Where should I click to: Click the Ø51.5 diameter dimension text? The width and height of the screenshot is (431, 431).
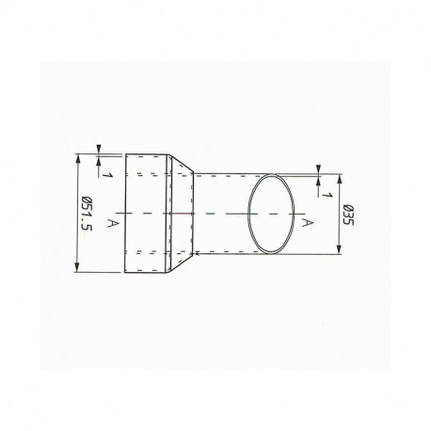point(88,215)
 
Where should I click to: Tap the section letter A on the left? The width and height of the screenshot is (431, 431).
point(113,222)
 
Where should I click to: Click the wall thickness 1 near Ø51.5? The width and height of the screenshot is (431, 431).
point(109,175)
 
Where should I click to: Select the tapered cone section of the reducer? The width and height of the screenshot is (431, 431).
point(182,214)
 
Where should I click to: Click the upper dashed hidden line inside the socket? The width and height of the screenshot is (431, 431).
point(147,175)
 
